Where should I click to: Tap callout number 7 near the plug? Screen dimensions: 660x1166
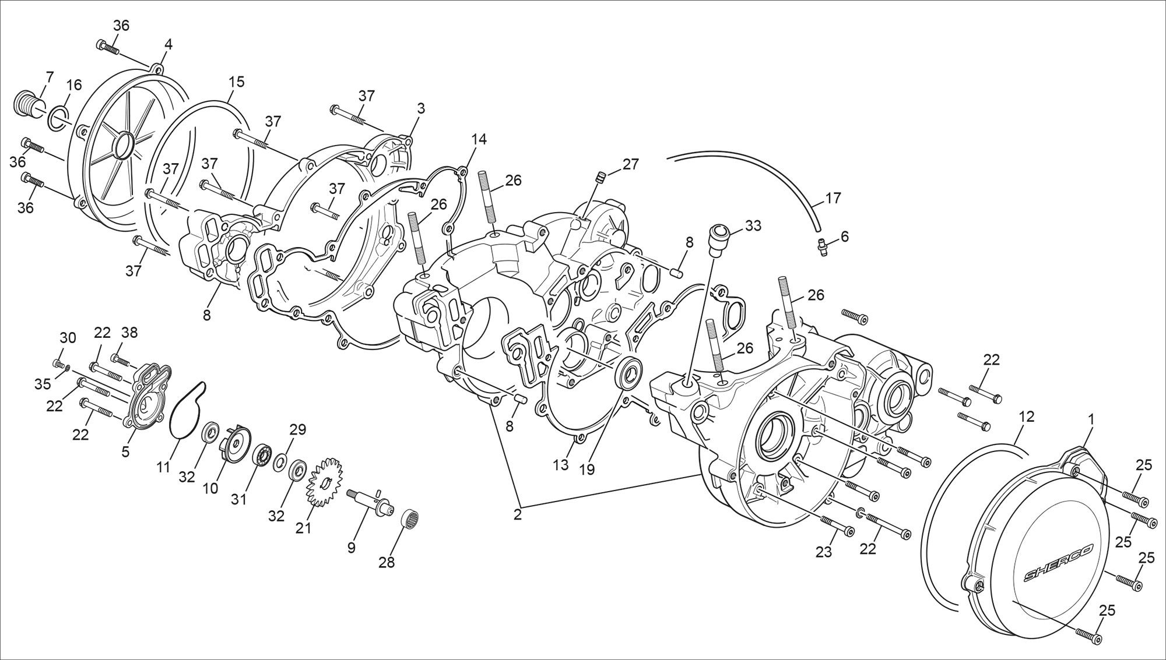(49, 77)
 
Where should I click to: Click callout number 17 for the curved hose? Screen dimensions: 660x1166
(833, 198)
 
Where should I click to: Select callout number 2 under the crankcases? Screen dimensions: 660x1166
(518, 514)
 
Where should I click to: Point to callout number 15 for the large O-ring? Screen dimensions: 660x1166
(236, 82)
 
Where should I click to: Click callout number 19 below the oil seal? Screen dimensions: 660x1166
(586, 469)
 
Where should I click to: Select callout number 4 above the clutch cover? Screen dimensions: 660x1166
(168, 44)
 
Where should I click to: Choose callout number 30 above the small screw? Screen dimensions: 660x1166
(68, 337)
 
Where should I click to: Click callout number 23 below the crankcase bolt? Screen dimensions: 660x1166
(823, 552)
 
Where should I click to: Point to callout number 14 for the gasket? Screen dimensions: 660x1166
(479, 139)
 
